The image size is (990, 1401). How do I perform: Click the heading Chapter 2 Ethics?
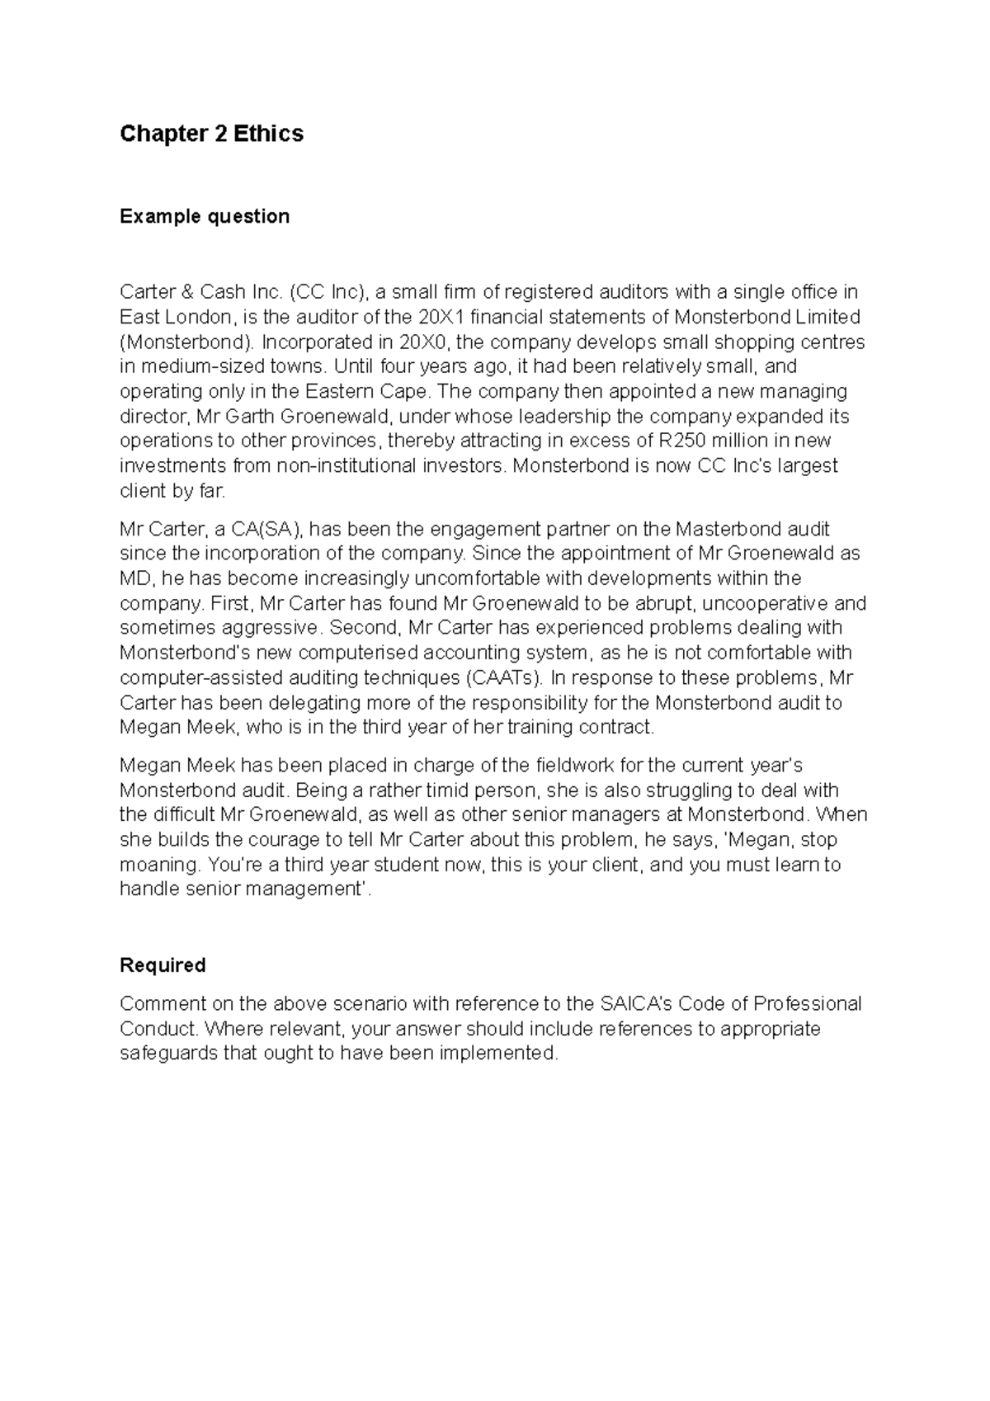(x=211, y=134)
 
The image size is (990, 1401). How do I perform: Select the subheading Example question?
(x=205, y=216)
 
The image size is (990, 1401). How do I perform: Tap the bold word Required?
(x=163, y=965)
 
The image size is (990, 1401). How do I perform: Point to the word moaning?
(x=159, y=865)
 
